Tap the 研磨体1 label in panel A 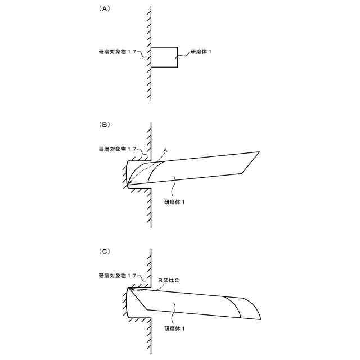pos(201,52)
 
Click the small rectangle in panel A pos(165,57)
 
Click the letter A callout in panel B pos(165,150)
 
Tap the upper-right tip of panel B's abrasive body pos(259,152)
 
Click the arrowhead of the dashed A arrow pos(129,183)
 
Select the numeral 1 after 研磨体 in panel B pos(184,200)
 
